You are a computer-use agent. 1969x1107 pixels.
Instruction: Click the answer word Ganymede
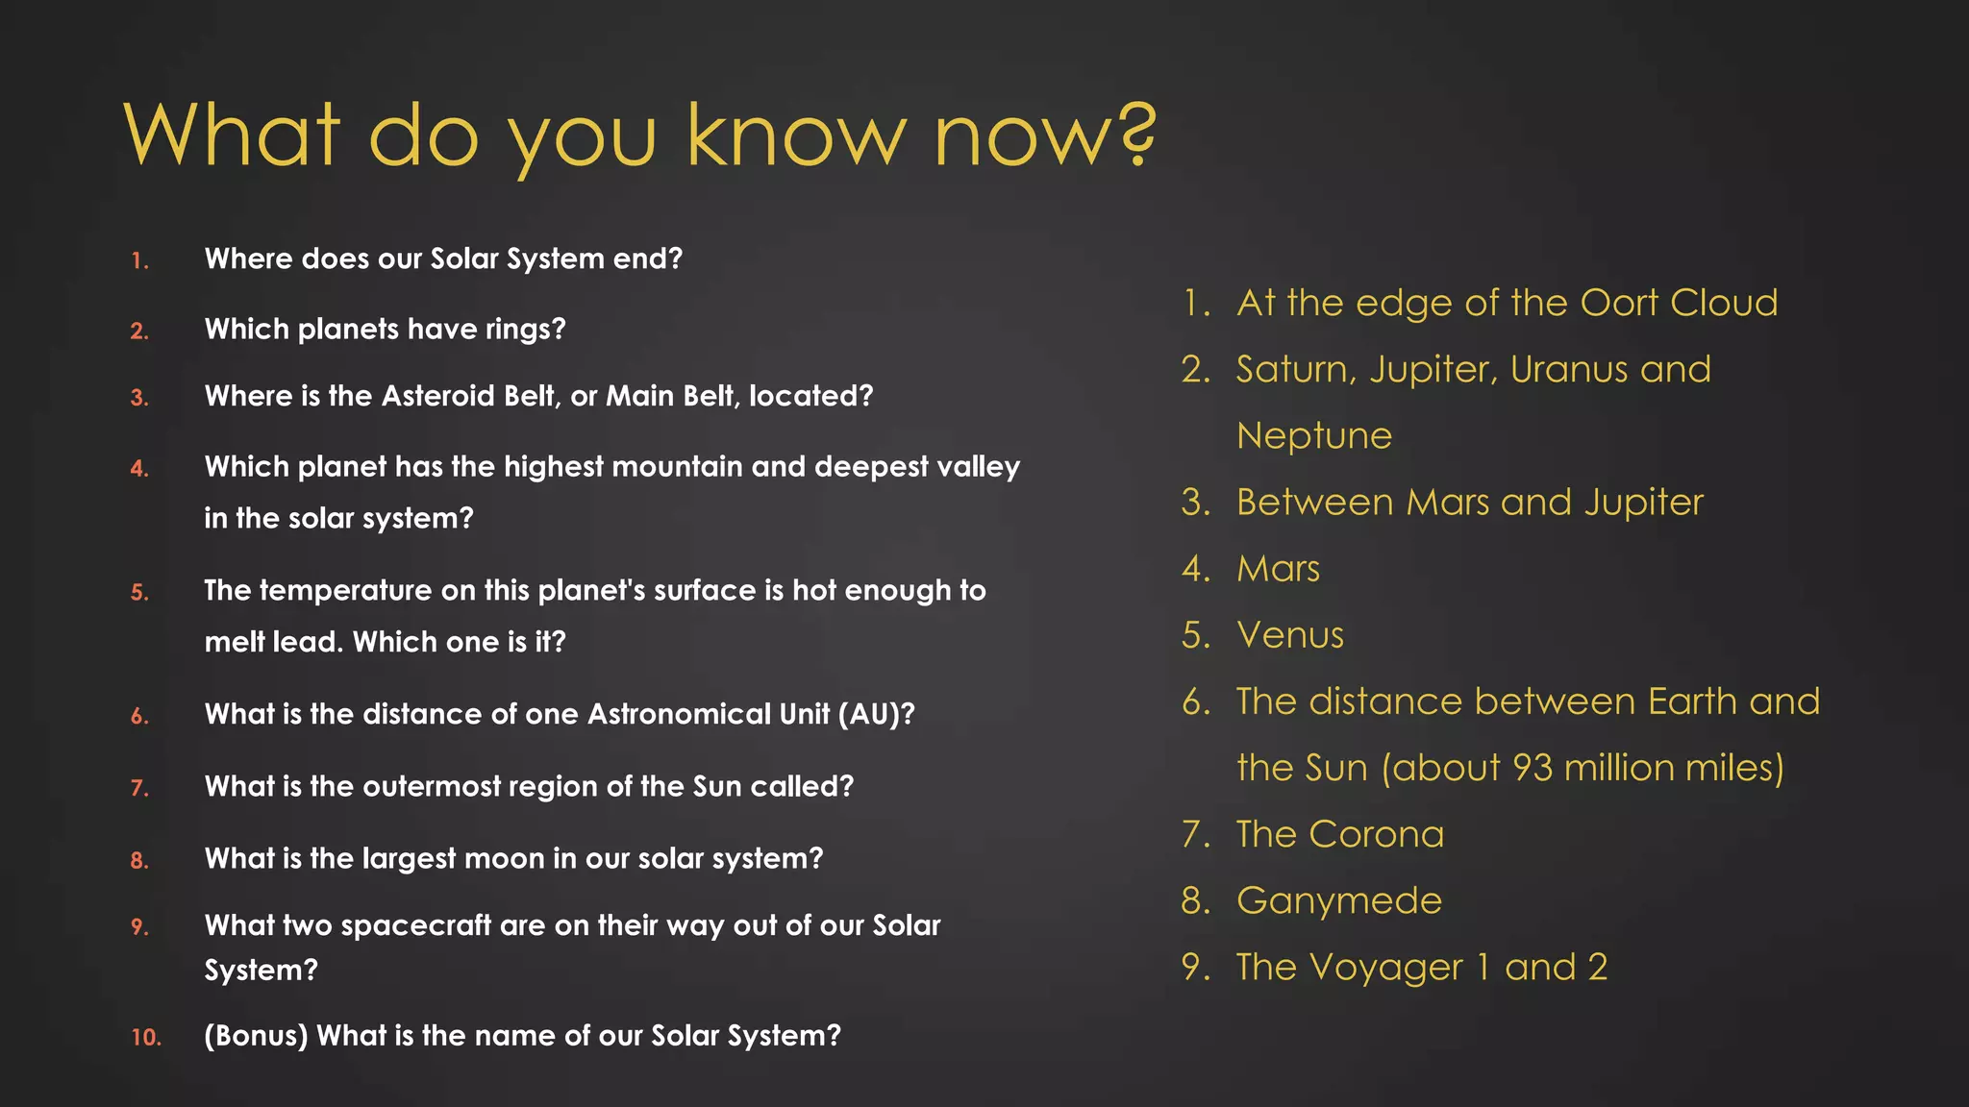click(x=1339, y=901)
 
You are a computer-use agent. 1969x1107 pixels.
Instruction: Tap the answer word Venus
click(x=1290, y=635)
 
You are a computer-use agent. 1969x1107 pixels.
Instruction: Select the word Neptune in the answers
click(x=1314, y=436)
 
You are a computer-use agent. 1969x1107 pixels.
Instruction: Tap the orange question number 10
click(x=146, y=1038)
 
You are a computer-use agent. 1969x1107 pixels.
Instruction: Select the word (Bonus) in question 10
click(x=256, y=1036)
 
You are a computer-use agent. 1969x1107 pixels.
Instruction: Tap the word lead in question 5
click(x=308, y=642)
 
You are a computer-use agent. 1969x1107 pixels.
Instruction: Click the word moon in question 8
click(x=499, y=858)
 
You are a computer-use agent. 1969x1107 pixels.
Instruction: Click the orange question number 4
click(x=140, y=469)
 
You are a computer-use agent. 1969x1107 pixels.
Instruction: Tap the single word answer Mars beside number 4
click(x=1278, y=569)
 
